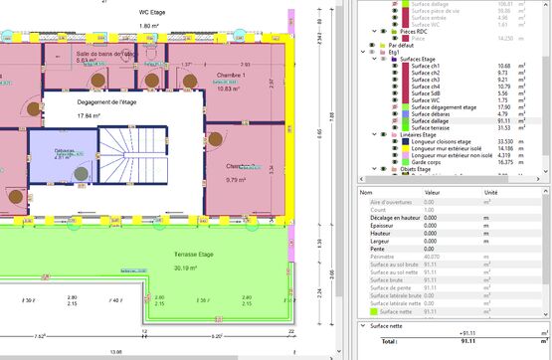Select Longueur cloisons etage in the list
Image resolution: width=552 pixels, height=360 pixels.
click(447, 141)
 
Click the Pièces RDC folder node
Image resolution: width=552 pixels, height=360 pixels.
click(410, 31)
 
